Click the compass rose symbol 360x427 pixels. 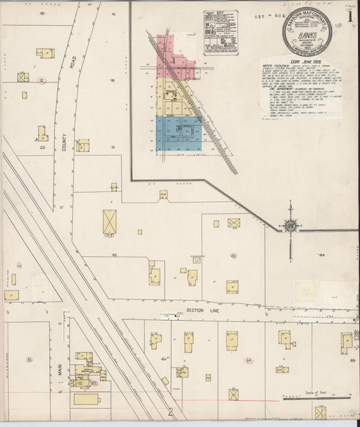click(x=290, y=228)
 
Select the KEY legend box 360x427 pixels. click(x=221, y=32)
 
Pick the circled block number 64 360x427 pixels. click(x=249, y=361)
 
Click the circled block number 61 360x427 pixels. click(x=29, y=359)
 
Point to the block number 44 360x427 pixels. click(x=323, y=255)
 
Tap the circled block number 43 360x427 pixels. click(x=234, y=255)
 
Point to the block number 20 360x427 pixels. click(x=42, y=146)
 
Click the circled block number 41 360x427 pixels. click(x=20, y=266)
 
